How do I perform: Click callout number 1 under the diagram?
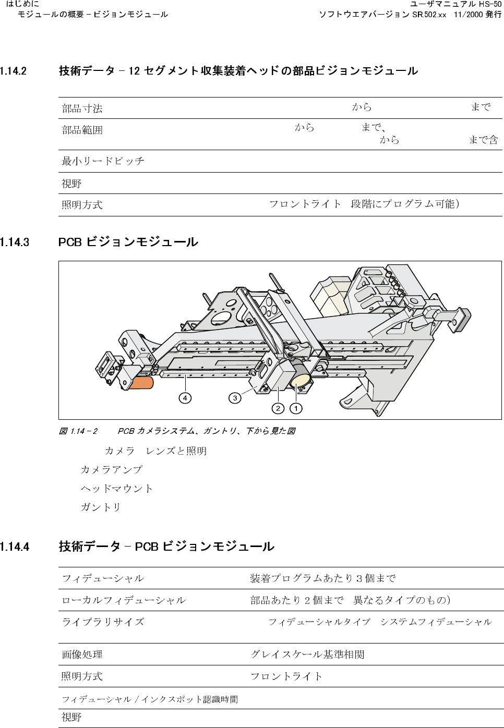coord(296,408)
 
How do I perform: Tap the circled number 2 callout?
coord(278,408)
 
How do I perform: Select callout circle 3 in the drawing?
coord(235,398)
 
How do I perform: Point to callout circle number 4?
coord(185,398)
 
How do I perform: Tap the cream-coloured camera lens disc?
coord(301,380)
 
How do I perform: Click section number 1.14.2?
coord(14,71)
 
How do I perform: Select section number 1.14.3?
coord(15,242)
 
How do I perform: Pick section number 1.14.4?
coord(15,547)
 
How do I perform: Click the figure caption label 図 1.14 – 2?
coord(78,431)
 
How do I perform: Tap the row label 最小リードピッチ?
coord(103,161)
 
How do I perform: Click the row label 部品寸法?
coord(82,108)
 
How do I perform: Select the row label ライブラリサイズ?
coord(103,622)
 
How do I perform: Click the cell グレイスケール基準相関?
coord(307,654)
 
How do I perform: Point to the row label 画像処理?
coord(82,654)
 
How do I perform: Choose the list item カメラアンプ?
coord(111,469)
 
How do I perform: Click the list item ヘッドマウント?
coord(116,488)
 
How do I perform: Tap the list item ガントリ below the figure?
coord(101,507)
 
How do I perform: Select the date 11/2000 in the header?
coord(468,15)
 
